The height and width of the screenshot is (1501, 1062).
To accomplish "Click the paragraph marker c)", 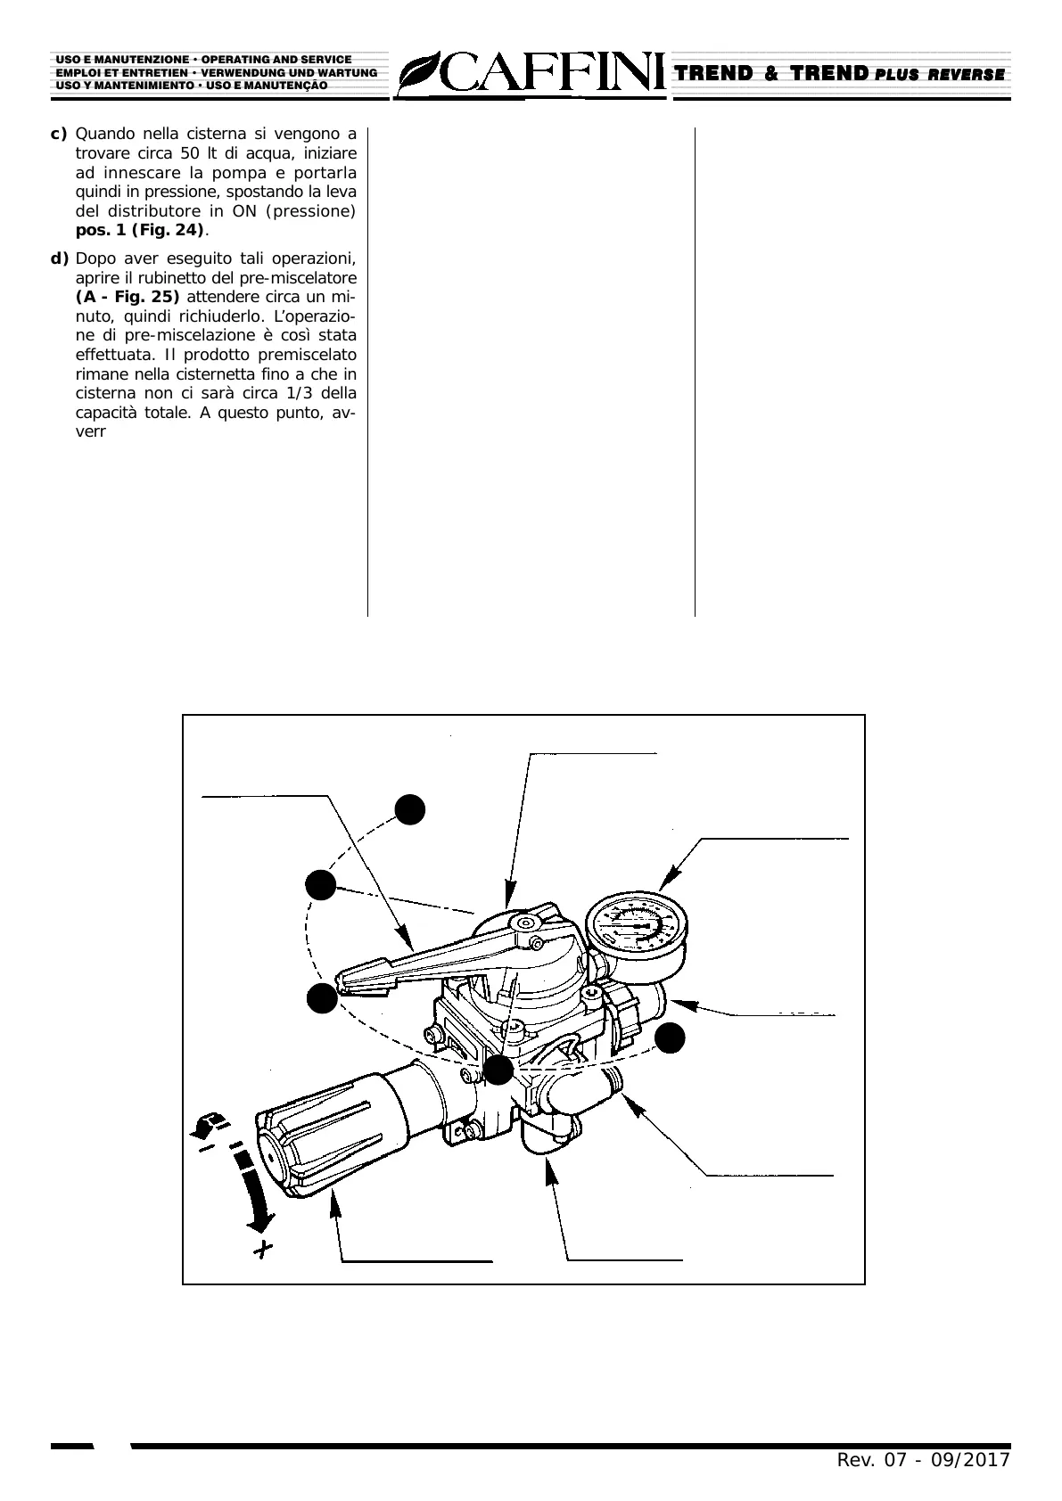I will point(59,134).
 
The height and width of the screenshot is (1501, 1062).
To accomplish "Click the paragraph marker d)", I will point(59,258).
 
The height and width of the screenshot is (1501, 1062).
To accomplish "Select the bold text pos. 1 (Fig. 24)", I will point(140,231).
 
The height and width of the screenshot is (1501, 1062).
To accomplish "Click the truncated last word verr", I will point(91,432).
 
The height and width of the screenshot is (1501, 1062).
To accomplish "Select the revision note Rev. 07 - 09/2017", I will point(922,1460).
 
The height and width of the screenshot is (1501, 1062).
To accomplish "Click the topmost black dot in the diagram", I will point(410,808).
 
